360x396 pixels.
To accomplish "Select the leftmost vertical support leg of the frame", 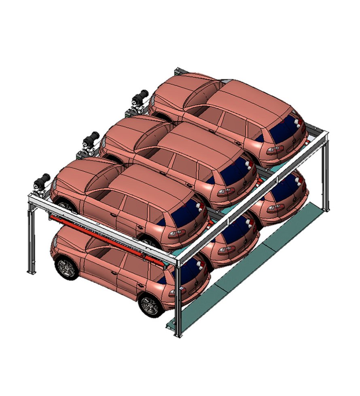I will coord(31,242).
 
